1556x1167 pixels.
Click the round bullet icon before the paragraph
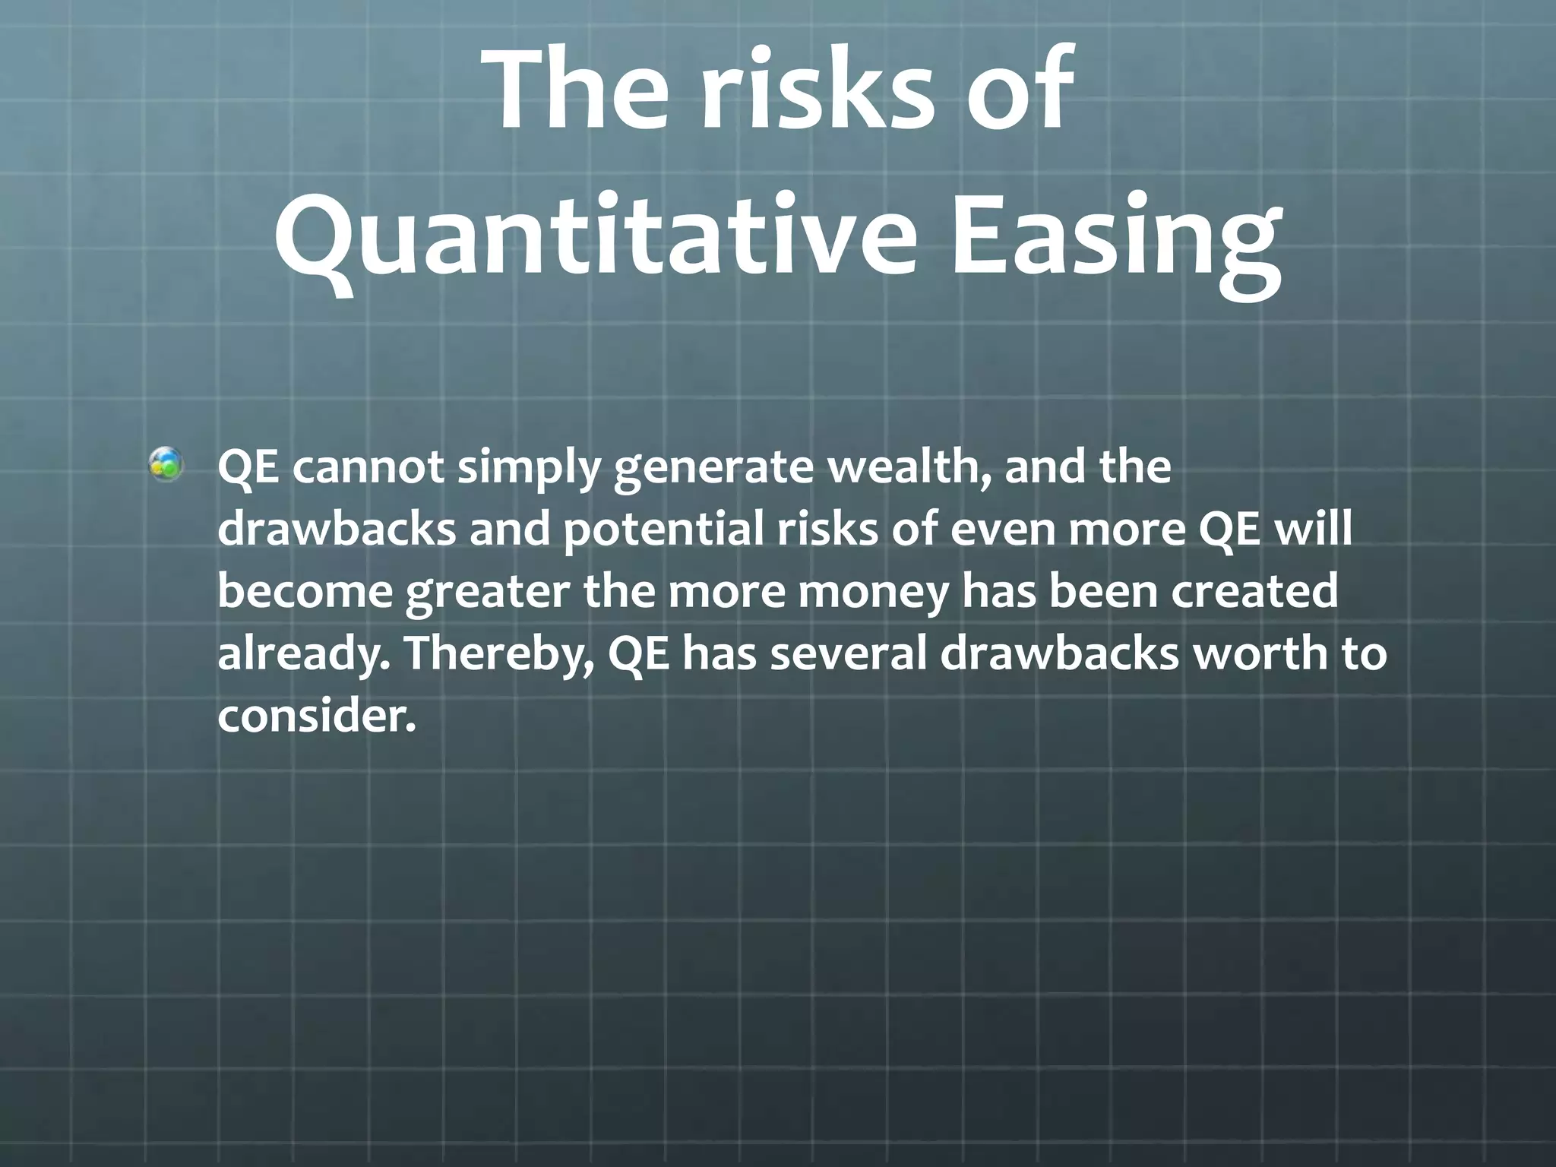(x=166, y=465)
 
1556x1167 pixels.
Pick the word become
(x=304, y=592)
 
